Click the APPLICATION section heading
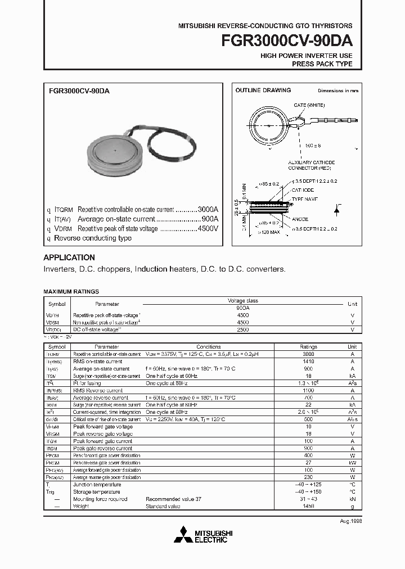coord(69,258)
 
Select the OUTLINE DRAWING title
coord(263,90)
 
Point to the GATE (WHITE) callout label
coord(309,105)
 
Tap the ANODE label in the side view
coord(299,219)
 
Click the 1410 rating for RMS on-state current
coord(308,362)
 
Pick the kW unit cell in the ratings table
coord(352,462)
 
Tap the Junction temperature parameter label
coord(97,484)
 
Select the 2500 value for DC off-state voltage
coord(243,330)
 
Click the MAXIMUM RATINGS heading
coord(71,291)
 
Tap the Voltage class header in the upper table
coord(243,301)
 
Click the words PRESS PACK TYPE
coord(322,64)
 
